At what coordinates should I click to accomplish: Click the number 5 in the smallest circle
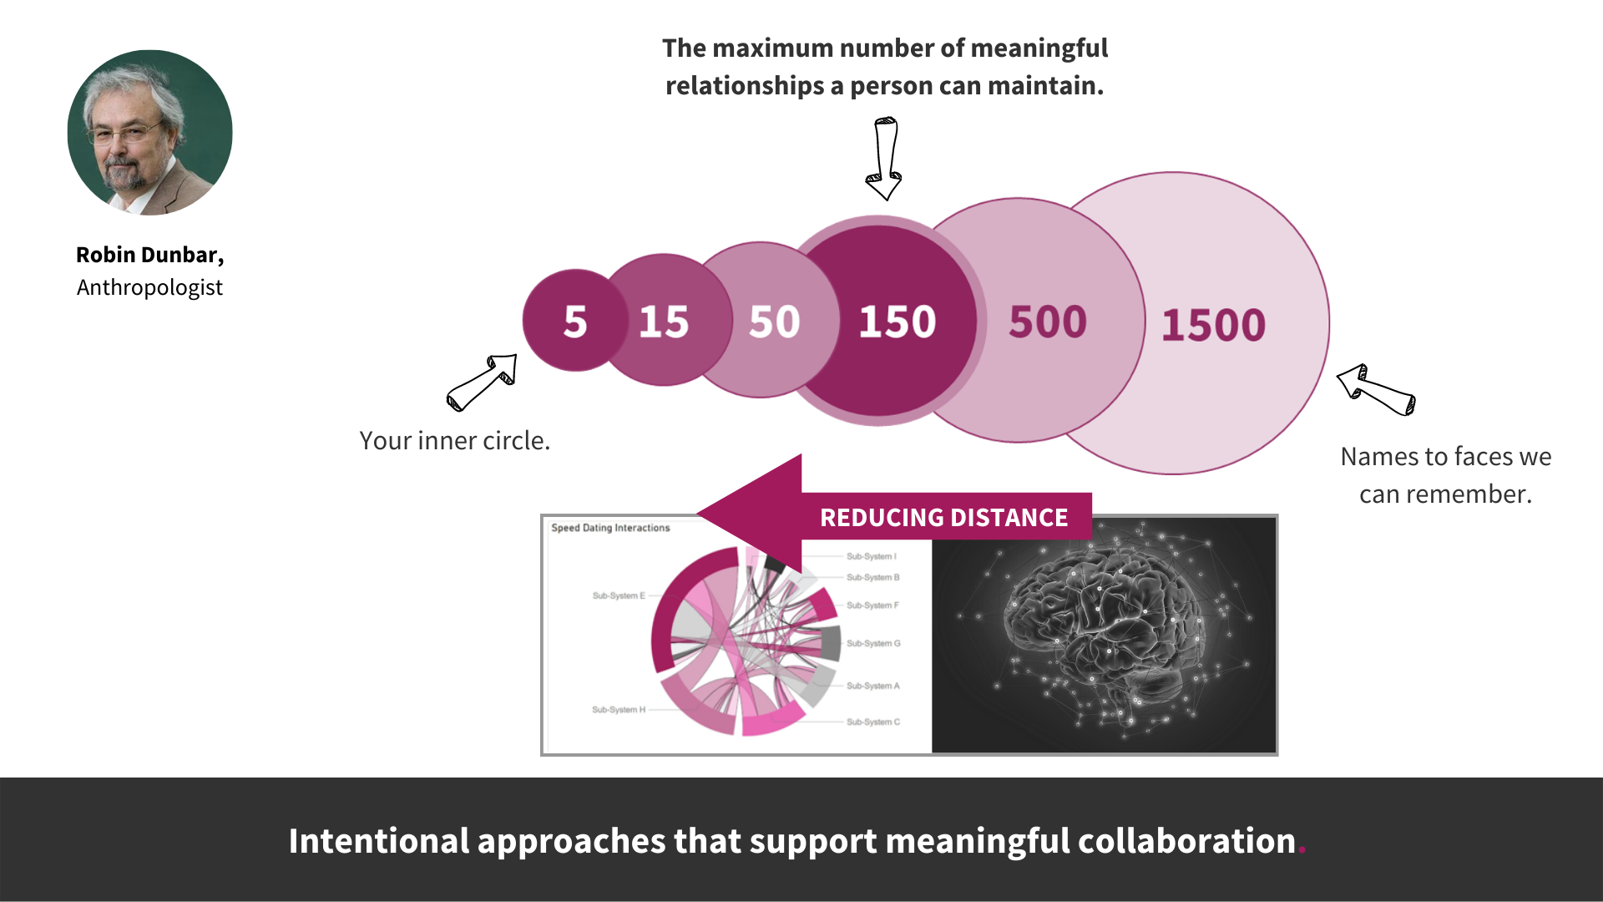click(x=575, y=322)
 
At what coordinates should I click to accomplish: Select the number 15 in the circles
click(x=664, y=322)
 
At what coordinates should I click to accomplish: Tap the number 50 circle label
click(x=774, y=322)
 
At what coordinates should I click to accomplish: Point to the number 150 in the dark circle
click(x=898, y=322)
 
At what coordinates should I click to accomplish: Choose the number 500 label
click(x=1048, y=322)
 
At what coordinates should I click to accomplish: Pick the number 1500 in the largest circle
click(x=1213, y=325)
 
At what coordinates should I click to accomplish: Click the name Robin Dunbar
click(x=149, y=255)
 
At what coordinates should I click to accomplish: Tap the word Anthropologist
click(x=149, y=287)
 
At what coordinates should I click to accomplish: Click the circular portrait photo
click(x=150, y=133)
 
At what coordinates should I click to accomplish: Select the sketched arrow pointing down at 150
click(x=885, y=159)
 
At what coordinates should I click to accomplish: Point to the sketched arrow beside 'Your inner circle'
click(x=483, y=383)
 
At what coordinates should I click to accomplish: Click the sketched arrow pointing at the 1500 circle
click(x=1376, y=389)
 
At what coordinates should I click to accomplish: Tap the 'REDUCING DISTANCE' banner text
click(x=943, y=518)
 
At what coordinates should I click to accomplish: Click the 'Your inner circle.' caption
click(x=455, y=440)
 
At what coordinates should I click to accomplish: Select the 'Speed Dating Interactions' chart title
click(x=610, y=528)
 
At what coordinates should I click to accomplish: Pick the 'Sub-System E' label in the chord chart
click(x=619, y=595)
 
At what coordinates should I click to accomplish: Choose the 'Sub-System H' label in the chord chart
click(x=619, y=710)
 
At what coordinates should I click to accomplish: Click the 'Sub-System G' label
click(x=873, y=643)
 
